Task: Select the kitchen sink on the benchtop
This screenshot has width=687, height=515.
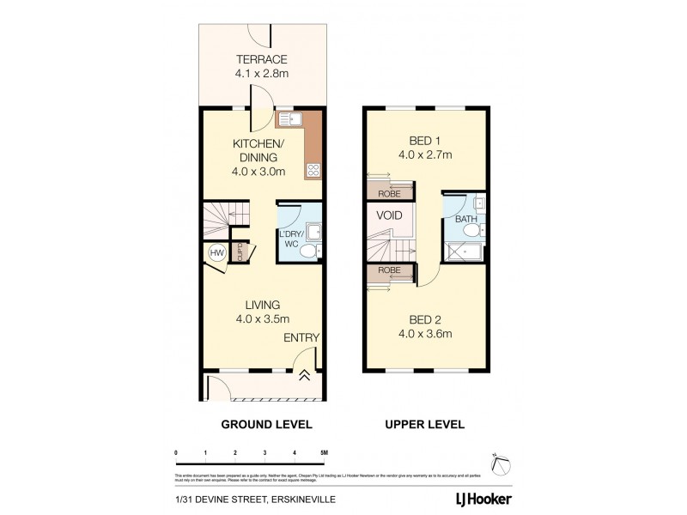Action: tap(290, 120)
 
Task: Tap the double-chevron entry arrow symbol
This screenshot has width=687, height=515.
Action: tap(305, 374)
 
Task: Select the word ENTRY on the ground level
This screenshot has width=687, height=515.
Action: tap(301, 337)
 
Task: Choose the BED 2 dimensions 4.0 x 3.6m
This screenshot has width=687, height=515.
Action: tap(425, 334)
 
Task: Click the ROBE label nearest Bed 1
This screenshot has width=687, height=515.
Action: tap(379, 193)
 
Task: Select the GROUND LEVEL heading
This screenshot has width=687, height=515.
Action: tap(267, 424)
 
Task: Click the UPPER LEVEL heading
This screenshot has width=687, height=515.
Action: tap(425, 424)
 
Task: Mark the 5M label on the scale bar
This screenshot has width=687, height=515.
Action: tap(322, 451)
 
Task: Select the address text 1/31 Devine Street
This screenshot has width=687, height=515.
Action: tap(236, 498)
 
